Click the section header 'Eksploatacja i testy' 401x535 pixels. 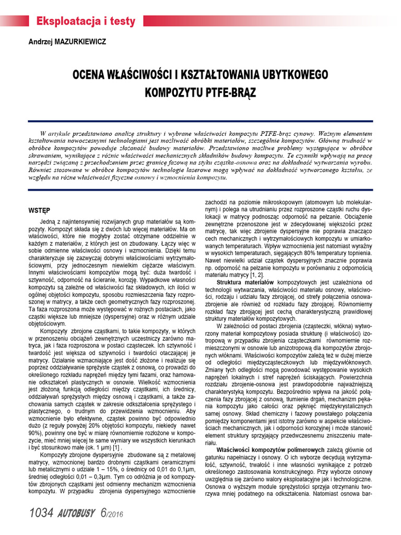86,21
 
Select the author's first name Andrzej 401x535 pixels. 40,41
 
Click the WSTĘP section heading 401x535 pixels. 39,211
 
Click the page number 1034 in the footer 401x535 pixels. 41,513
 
